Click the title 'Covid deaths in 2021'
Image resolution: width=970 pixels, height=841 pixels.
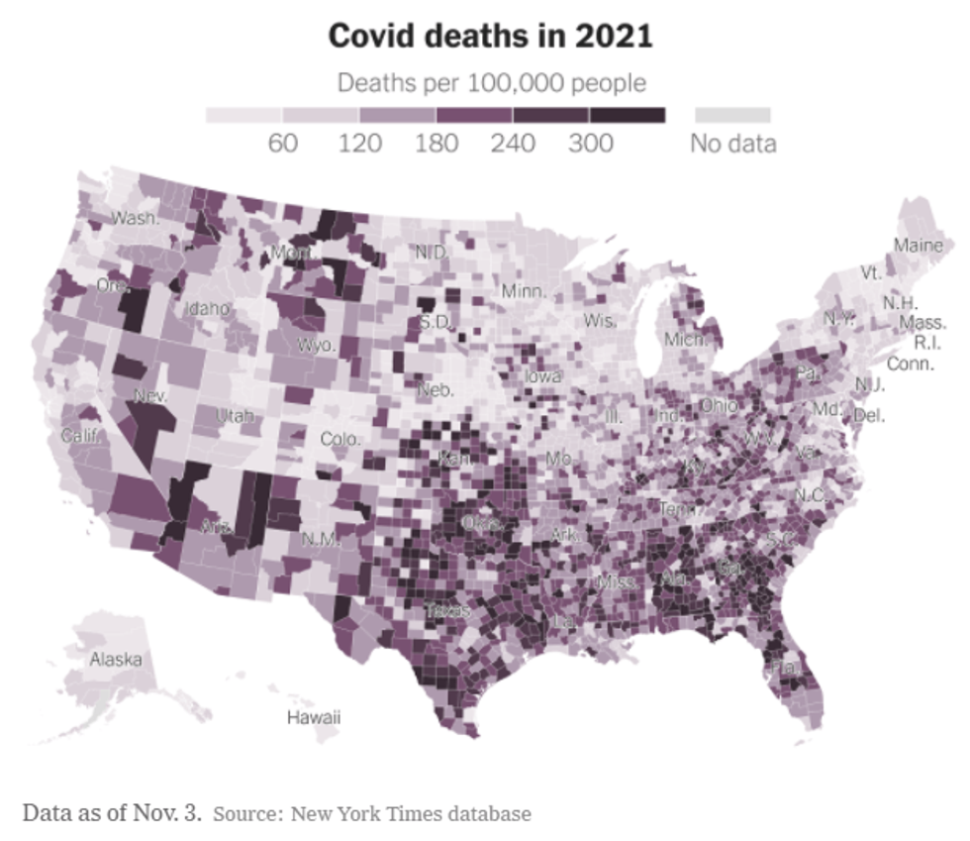pos(490,36)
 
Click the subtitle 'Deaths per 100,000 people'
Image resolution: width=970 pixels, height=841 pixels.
pos(491,82)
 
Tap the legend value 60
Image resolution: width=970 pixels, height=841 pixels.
pos(283,144)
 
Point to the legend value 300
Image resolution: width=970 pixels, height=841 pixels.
pos(591,144)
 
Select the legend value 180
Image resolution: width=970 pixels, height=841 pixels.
pos(436,144)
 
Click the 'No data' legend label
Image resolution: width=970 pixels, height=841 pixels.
pos(732,144)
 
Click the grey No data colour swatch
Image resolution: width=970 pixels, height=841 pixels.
pos(732,116)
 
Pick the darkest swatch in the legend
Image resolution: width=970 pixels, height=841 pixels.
pos(628,116)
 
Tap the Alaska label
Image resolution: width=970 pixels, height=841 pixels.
pos(116,659)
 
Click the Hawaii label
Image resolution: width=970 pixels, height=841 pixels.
pos(314,716)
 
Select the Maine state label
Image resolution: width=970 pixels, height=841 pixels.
pos(919,245)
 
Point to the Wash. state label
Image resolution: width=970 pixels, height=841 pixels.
pos(135,218)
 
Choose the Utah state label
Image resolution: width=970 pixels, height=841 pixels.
pos(235,415)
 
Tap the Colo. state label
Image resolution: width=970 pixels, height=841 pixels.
pos(340,438)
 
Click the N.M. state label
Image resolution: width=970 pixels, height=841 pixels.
pos(321,540)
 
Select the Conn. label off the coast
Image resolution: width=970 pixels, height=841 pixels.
pos(910,364)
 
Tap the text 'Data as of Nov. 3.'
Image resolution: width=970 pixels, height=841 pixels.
pos(112,814)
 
